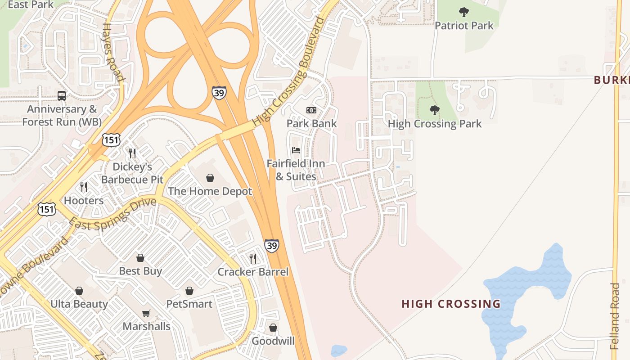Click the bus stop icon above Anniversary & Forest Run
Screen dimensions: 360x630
coord(62,95)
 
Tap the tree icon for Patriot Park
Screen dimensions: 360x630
coord(463,12)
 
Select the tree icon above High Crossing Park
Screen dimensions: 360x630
coord(434,110)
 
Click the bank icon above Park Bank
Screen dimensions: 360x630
coord(311,110)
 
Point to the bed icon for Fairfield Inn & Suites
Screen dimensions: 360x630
coord(296,150)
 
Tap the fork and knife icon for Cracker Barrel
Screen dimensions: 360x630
coord(253,258)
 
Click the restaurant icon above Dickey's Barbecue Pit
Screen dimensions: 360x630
coord(132,153)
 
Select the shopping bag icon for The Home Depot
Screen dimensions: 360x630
coord(210,178)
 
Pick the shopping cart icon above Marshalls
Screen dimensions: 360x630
coord(146,313)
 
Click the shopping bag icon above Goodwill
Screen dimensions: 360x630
coord(273,328)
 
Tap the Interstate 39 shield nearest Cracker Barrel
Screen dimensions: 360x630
coord(271,246)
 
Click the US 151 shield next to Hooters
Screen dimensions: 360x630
coord(47,209)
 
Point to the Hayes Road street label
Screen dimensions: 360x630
coord(113,52)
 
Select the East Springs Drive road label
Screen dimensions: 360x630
coord(112,214)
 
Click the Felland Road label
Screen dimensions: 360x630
coord(615,316)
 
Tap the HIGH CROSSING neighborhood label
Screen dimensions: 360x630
coord(451,304)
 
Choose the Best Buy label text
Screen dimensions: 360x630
coord(140,271)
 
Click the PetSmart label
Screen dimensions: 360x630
coord(189,304)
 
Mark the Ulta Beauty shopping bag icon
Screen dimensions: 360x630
coord(79,291)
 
